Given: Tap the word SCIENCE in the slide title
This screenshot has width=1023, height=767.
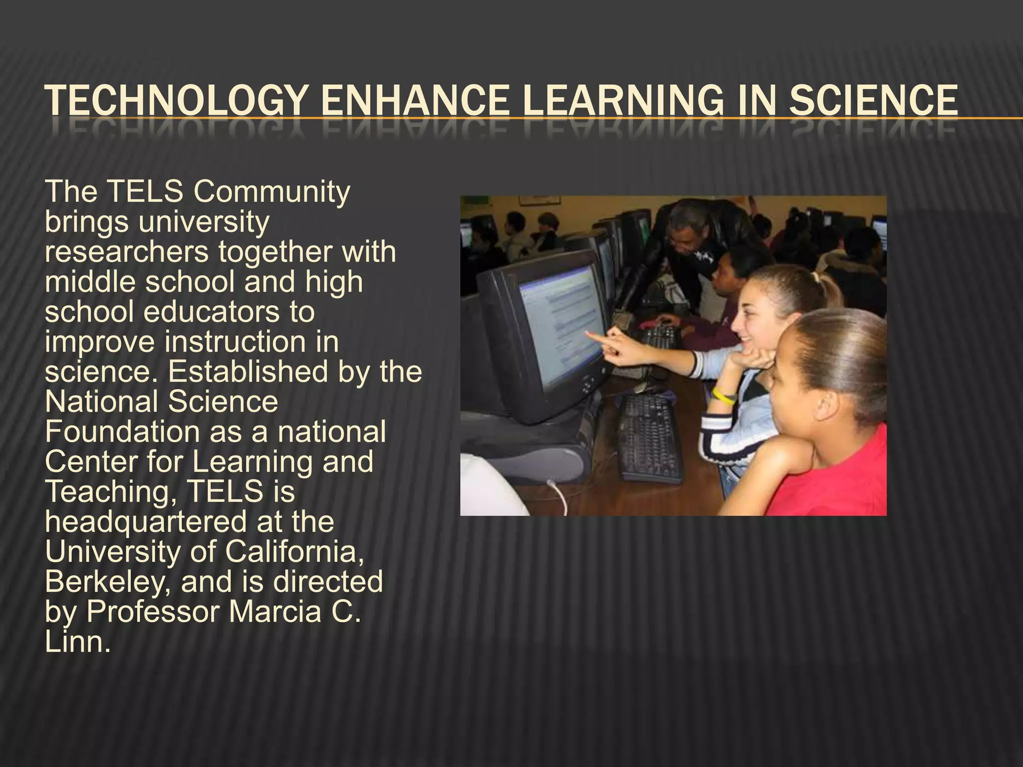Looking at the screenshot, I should (x=874, y=101).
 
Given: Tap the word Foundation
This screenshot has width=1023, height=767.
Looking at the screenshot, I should (x=122, y=432).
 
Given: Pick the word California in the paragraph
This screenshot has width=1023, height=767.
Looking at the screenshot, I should (x=294, y=552).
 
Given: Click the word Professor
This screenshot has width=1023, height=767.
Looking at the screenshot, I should (x=153, y=612).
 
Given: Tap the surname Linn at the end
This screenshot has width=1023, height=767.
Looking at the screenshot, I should (x=75, y=642).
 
